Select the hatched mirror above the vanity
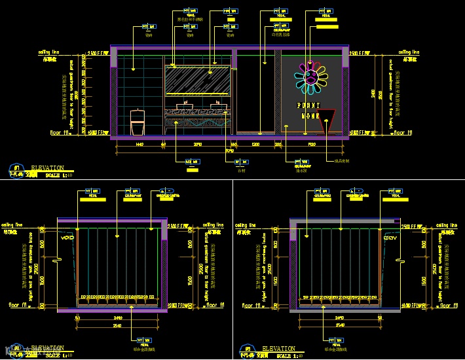tap(196, 81)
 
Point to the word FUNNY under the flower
tap(309, 105)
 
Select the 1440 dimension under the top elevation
tap(139, 143)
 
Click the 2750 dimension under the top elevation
tap(198, 143)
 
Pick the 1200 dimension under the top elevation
tap(255, 143)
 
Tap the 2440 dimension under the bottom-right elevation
tap(339, 319)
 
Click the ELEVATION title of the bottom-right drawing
tap(278, 349)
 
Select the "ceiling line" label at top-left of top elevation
tap(49, 51)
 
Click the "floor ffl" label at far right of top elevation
tap(401, 132)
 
